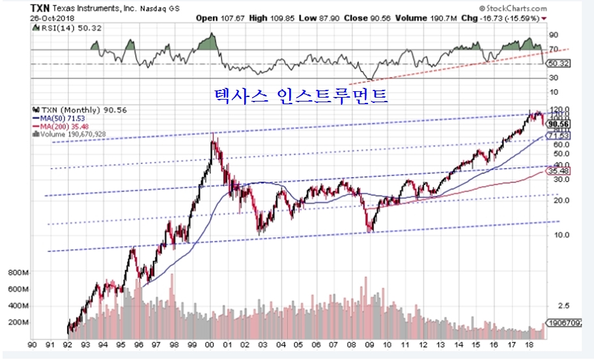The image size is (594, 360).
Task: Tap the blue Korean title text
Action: coord(301,96)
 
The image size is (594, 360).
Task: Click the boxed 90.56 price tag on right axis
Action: coord(559,124)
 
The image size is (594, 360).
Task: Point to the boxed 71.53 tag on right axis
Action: coord(559,135)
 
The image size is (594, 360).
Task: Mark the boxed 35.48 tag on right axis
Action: coord(559,171)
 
